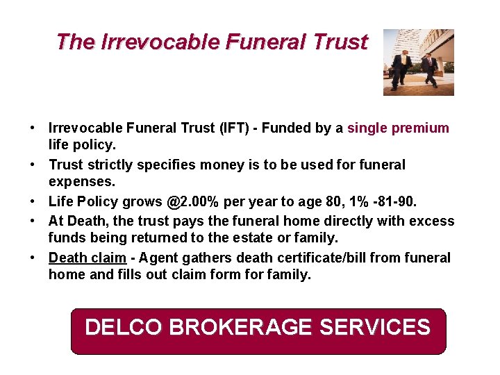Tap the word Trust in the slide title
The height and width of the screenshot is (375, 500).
pos(340,42)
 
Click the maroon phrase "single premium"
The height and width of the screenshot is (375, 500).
pos(398,128)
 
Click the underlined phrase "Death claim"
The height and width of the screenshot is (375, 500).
pos(87,258)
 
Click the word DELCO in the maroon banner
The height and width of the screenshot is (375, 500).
pos(124,326)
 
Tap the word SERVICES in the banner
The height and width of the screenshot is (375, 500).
pos(375,326)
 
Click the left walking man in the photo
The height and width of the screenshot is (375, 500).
pos(401,69)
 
